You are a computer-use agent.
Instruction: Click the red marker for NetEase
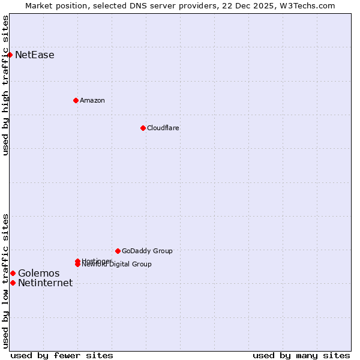pos(10,55)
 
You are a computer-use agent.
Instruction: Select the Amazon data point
pos(76,100)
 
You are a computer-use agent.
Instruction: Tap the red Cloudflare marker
pos(143,128)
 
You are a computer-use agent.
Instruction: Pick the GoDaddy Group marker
pos(118,251)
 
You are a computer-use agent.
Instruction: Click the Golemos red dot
pos(13,273)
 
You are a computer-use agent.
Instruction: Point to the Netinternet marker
pos(13,283)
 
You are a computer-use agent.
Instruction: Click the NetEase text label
pos(35,55)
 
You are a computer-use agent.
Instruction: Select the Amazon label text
pos(92,100)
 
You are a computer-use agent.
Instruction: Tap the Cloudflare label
pos(163,128)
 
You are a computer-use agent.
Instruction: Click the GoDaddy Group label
pos(147,251)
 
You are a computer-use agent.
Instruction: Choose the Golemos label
pos(39,274)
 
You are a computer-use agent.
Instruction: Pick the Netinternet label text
pos(46,283)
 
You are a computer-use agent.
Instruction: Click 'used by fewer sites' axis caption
pos(62,355)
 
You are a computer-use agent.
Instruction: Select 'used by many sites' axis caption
pos(301,355)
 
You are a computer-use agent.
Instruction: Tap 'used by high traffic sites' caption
pos(6,85)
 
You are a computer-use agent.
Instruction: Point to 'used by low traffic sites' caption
pos(6,280)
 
